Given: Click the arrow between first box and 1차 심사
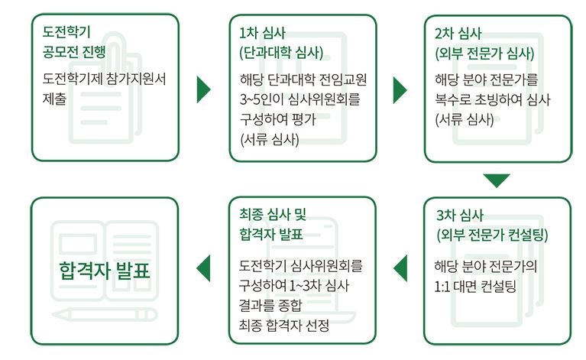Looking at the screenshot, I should (202, 89).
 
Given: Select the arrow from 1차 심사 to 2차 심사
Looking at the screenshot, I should (400, 89).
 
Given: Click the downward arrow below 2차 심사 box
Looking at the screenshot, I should (497, 180).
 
